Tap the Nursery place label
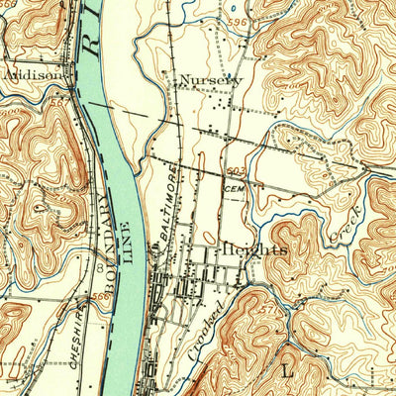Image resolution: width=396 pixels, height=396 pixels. [x=211, y=80]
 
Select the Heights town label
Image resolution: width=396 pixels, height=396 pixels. [x=254, y=250]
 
